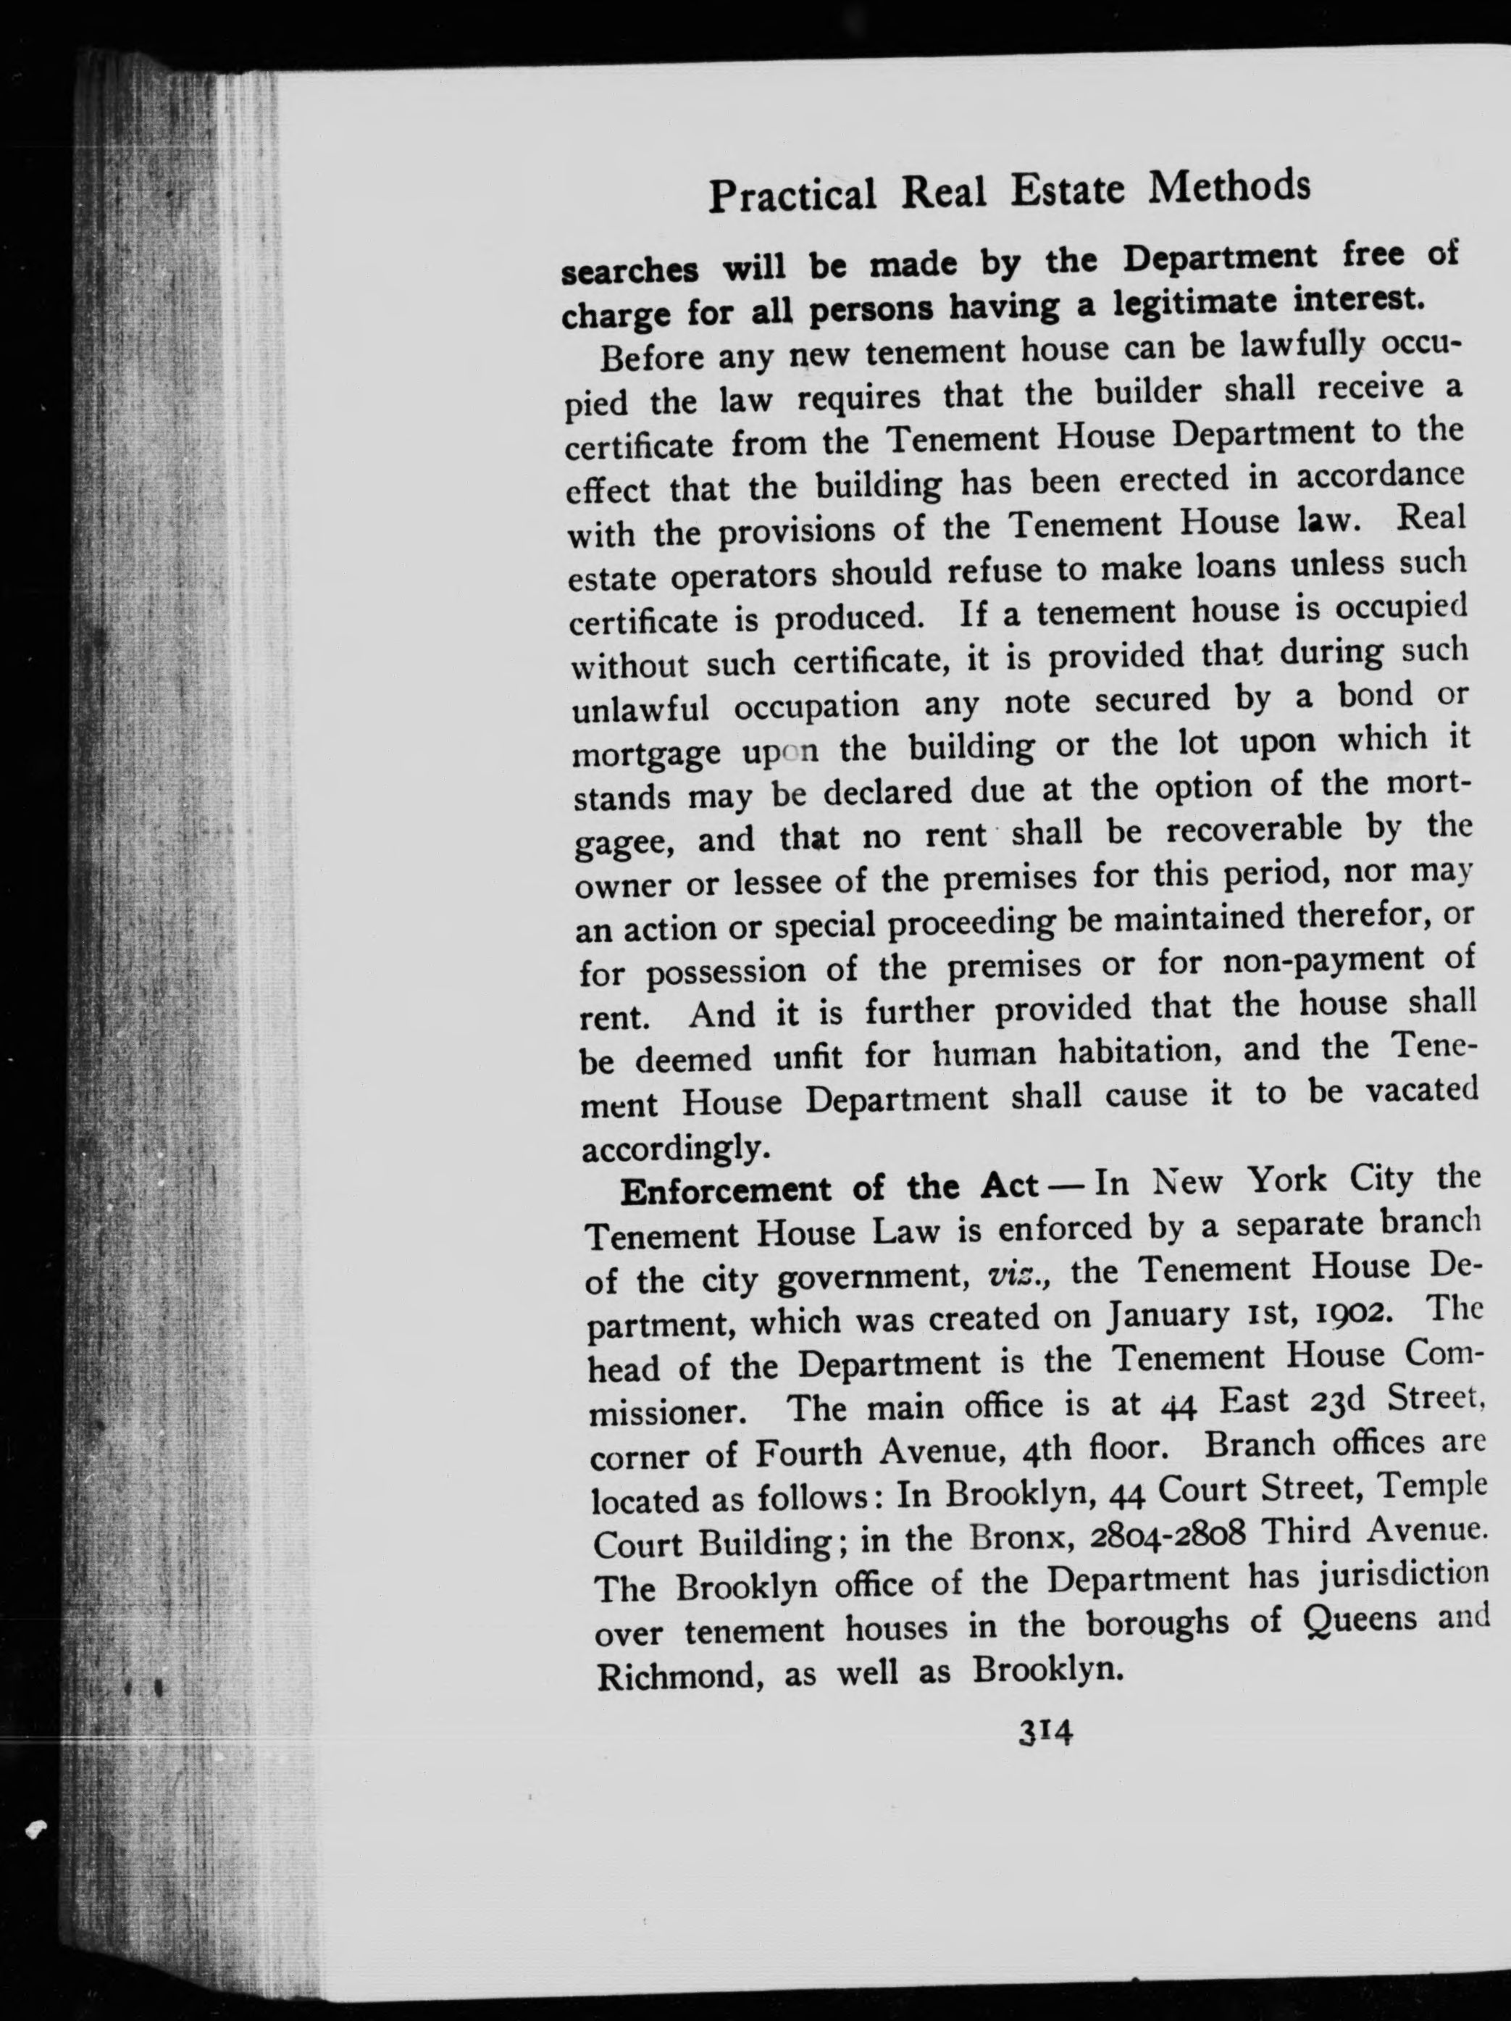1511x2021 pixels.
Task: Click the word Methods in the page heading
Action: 1230,187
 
